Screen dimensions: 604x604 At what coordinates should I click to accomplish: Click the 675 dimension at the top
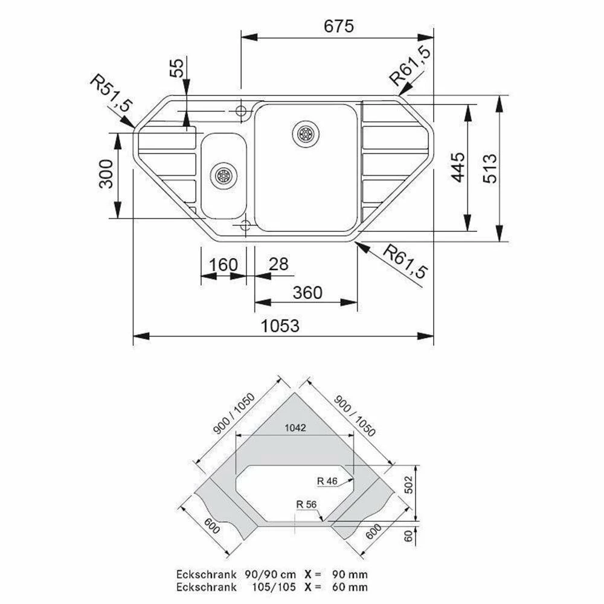339,26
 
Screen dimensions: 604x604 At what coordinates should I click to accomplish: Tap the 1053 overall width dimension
280,326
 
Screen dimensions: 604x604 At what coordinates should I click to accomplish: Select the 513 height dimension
490,169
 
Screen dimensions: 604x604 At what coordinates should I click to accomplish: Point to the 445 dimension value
458,167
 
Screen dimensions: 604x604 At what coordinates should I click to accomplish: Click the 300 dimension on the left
106,174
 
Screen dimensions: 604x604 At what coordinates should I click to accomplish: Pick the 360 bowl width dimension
307,293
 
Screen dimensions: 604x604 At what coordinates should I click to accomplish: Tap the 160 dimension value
223,265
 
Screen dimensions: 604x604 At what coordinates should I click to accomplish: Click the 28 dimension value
278,265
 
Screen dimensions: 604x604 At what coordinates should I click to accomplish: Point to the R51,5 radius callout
111,94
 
